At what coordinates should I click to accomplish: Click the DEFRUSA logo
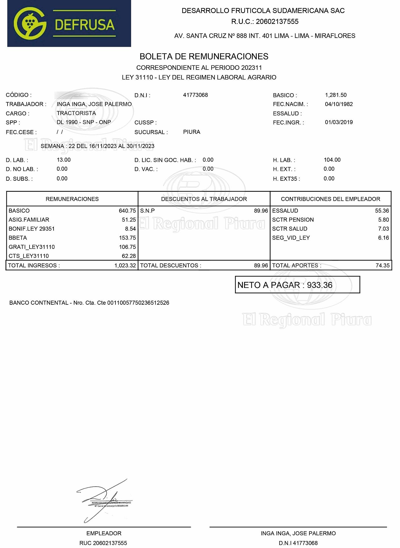(69, 23)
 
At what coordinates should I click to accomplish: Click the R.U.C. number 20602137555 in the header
(277, 21)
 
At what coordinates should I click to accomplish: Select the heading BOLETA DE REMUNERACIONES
(204, 56)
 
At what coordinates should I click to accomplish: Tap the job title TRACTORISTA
(76, 113)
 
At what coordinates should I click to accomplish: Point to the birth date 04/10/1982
(339, 104)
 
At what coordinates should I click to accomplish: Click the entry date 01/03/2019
(339, 122)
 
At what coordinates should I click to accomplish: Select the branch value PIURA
(192, 132)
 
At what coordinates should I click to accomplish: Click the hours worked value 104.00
(332, 160)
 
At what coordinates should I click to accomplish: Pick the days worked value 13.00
(64, 160)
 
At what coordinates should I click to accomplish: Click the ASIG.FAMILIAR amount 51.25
(129, 220)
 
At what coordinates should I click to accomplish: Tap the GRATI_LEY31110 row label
(32, 247)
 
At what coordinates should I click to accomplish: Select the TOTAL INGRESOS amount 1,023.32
(125, 266)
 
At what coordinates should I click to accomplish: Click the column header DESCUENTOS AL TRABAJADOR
(204, 199)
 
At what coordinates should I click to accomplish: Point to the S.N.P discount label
(147, 211)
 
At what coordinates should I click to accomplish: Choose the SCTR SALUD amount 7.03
(383, 229)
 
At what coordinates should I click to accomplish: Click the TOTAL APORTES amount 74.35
(382, 266)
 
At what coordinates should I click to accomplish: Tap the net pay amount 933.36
(320, 285)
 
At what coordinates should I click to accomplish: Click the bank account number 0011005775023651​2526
(138, 303)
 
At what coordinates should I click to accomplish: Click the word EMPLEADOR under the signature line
(104, 533)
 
